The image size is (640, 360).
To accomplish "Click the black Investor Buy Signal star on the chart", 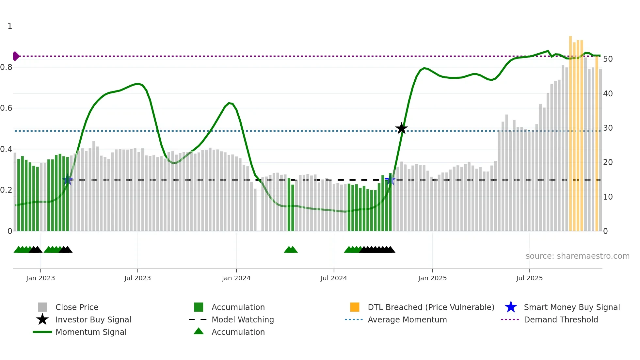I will (x=401, y=128).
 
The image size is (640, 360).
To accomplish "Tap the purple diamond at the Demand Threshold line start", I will (x=16, y=56).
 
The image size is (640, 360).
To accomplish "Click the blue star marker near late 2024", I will (x=390, y=180).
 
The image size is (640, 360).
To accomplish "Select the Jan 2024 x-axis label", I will (x=236, y=278).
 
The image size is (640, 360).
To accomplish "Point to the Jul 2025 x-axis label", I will (x=529, y=278).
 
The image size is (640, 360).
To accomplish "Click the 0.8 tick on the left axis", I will (x=7, y=67).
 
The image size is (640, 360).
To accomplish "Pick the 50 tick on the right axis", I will (x=608, y=59).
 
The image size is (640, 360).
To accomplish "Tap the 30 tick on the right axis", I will (x=608, y=128).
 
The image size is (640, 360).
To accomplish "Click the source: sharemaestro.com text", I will (x=577, y=256).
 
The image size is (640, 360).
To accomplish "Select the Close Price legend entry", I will (x=77, y=307).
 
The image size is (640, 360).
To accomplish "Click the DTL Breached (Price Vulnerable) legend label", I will (x=431, y=307).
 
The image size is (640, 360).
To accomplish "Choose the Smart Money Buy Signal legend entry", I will (x=571, y=307).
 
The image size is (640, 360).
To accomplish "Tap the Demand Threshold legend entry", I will (x=561, y=320).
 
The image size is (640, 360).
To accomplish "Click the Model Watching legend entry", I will (x=243, y=320).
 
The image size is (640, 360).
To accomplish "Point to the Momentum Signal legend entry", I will (x=91, y=332).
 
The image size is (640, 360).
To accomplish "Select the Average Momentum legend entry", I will (x=407, y=320).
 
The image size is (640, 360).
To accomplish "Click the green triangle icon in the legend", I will (x=199, y=331).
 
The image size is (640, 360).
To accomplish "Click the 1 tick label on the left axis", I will (x=10, y=26).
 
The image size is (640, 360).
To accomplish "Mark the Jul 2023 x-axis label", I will (x=137, y=278).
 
